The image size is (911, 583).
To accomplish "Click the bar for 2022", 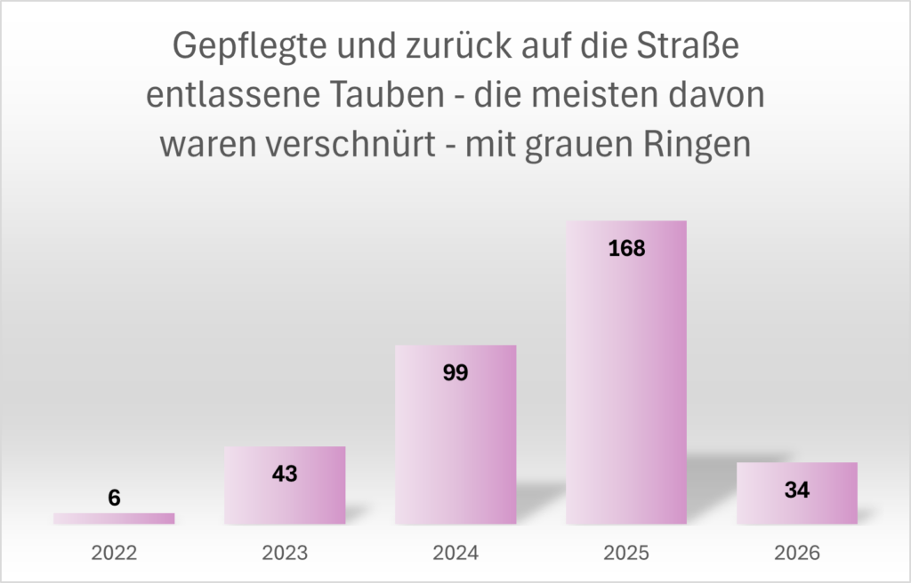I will tap(114, 518).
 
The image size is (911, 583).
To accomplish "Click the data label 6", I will tap(114, 499).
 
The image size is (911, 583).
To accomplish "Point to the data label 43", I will tap(285, 474).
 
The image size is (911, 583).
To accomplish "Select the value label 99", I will tap(455, 372).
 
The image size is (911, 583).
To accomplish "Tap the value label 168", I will tap(626, 248).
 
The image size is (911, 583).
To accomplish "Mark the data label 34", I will tap(797, 490).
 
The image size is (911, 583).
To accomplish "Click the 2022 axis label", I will tap(114, 553).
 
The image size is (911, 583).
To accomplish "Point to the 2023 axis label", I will tap(285, 553).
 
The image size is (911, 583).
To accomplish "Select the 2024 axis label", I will tap(455, 553).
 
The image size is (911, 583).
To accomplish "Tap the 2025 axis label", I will tap(626, 553).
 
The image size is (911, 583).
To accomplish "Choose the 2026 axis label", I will tap(797, 553).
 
